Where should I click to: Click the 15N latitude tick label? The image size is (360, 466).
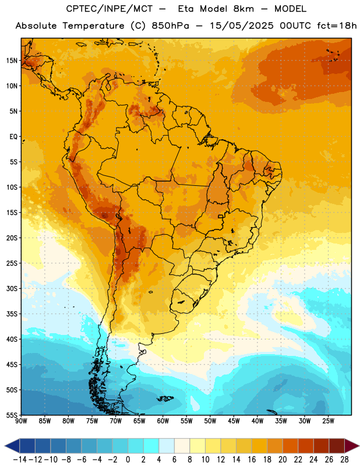(12, 61)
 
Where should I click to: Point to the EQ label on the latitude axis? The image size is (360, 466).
(13, 137)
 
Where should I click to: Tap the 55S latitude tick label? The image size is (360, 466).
(12, 415)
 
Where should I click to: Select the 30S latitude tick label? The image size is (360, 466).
(12, 288)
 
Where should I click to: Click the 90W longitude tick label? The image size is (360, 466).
(21, 421)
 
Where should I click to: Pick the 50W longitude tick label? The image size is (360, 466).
(210, 421)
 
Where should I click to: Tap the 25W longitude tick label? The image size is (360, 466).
(329, 421)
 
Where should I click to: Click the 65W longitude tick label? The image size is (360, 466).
(139, 421)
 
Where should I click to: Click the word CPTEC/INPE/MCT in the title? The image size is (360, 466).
(110, 9)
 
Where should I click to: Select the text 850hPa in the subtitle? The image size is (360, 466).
(170, 26)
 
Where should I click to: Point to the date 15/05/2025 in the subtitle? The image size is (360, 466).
(242, 26)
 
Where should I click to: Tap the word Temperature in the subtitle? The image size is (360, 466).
(93, 26)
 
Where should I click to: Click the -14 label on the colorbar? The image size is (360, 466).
(20, 460)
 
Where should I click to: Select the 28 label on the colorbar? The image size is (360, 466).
(344, 460)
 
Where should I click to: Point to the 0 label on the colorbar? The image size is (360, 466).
(128, 460)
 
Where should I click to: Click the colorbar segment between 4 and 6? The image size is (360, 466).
(167, 446)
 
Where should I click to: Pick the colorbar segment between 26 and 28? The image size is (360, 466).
(337, 446)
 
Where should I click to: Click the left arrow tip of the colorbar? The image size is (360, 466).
(5, 446)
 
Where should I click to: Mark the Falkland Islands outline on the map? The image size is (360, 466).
(165, 398)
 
